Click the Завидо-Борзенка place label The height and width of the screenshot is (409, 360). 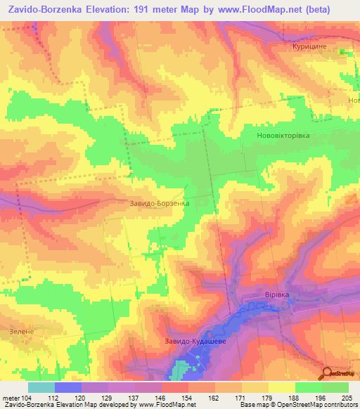[160, 204]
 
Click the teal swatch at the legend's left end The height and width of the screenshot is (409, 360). [41, 387]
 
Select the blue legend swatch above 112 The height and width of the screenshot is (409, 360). [68, 387]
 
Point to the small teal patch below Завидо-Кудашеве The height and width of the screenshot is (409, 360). [184, 368]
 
